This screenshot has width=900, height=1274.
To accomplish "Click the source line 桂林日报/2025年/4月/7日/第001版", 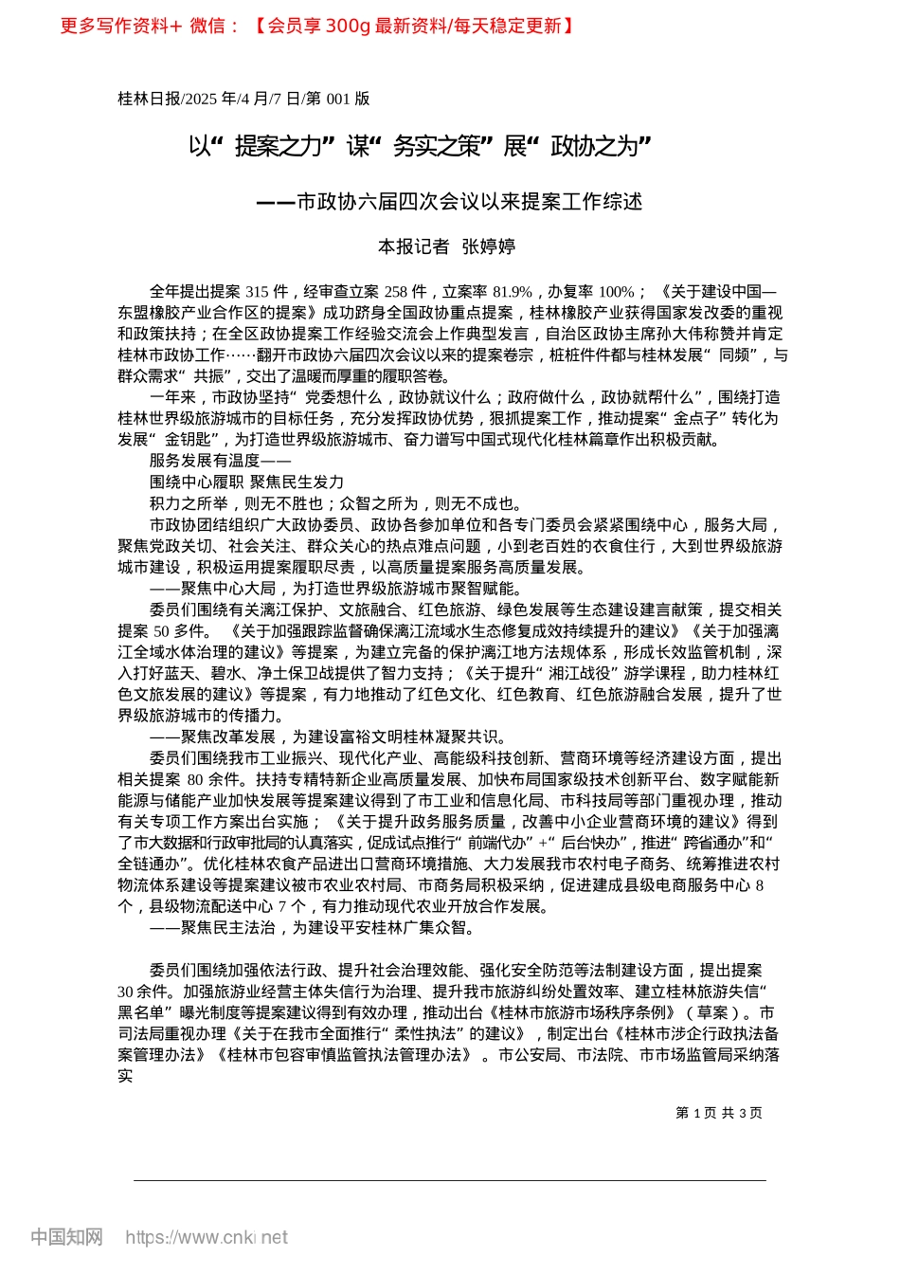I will (x=243, y=99).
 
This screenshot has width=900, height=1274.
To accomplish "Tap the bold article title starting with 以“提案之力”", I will (x=420, y=146).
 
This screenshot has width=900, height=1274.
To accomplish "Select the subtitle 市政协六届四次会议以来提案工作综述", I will (x=469, y=202).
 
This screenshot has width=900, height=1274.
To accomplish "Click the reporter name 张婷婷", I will (x=488, y=246).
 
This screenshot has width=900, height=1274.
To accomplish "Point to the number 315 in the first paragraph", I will (x=258, y=292).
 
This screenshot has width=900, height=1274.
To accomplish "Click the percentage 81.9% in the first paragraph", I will (x=513, y=292).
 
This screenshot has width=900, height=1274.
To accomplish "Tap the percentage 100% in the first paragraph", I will (x=617, y=292).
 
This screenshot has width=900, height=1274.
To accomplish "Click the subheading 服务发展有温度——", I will (x=213, y=461).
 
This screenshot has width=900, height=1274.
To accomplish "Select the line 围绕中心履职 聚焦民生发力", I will (x=246, y=482).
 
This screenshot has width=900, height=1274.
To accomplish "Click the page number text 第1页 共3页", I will (x=718, y=1113).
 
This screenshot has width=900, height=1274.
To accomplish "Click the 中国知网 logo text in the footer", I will (x=66, y=1237).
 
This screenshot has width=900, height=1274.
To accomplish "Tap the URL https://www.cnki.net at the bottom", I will (x=207, y=1237).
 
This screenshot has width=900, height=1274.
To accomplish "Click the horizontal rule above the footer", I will (x=450, y=1180).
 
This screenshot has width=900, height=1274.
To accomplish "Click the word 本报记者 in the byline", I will (x=413, y=246).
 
